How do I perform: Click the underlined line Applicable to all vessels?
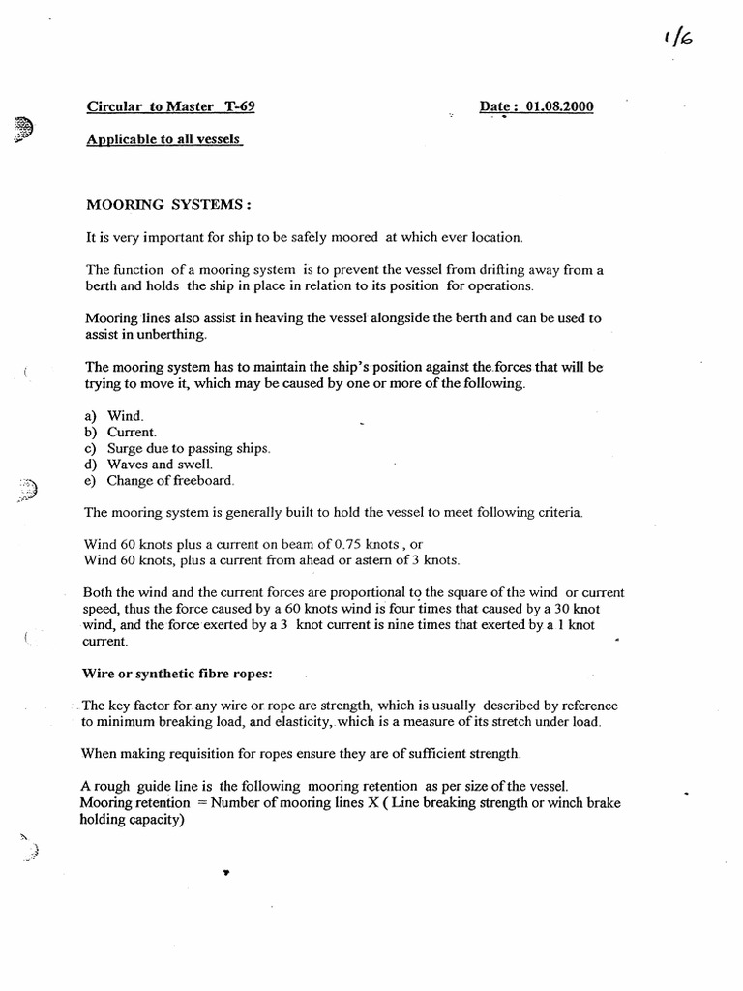pos(163,139)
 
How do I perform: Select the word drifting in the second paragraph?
pos(492,270)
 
